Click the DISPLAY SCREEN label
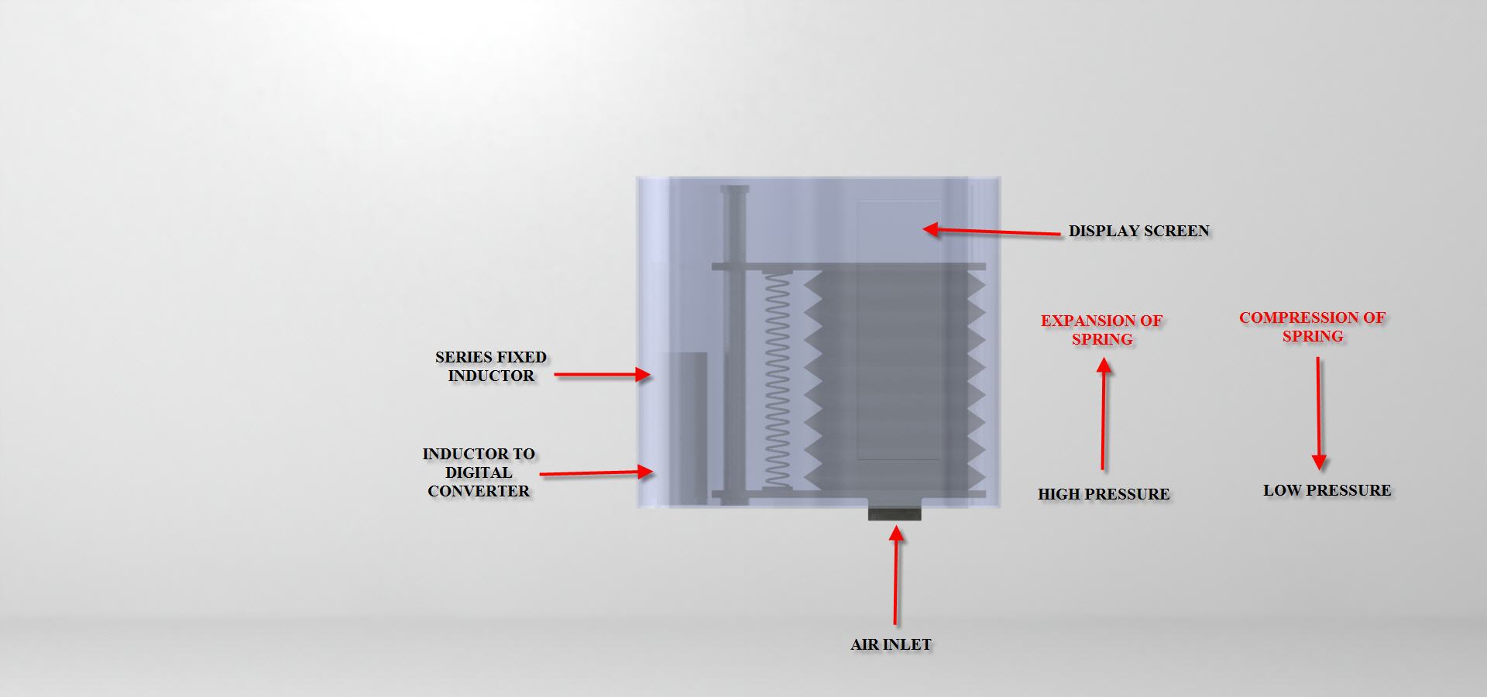point(1138,231)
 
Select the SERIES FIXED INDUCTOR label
point(490,366)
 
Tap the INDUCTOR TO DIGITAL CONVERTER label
point(479,472)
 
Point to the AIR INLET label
point(891,644)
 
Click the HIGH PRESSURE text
point(1104,494)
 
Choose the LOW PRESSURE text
point(1327,490)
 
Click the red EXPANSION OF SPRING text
point(1101,330)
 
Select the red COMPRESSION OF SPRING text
point(1312,327)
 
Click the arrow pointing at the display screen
point(991,231)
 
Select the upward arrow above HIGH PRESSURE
point(1104,414)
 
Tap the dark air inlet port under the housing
point(895,513)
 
